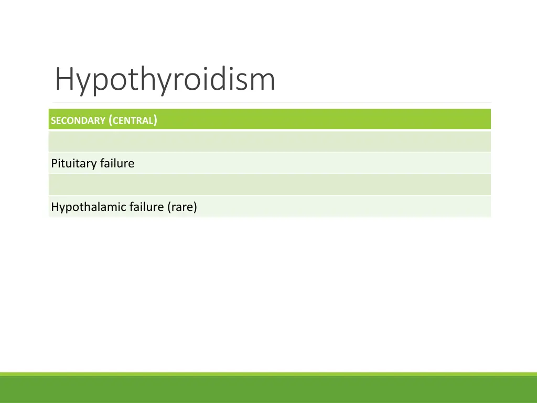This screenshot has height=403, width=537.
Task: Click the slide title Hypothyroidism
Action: click(165, 80)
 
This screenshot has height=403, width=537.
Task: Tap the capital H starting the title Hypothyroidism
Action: click(64, 79)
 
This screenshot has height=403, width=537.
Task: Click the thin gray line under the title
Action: click(272, 102)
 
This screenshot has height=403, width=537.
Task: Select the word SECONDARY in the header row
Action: click(78, 121)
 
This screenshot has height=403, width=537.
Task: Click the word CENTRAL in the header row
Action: click(133, 121)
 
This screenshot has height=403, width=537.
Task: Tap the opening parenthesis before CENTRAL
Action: click(110, 121)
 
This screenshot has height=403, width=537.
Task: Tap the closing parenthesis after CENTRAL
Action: click(156, 121)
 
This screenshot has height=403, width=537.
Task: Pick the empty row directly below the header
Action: click(270, 141)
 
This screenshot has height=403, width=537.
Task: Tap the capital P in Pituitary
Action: click(54, 164)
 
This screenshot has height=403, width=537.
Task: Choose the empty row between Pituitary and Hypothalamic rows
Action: click(270, 185)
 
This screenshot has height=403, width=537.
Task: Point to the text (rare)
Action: click(182, 207)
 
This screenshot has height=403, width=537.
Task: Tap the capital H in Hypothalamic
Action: click(55, 207)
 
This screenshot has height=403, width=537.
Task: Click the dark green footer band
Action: click(268, 390)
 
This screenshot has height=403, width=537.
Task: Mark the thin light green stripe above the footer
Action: click(268, 374)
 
